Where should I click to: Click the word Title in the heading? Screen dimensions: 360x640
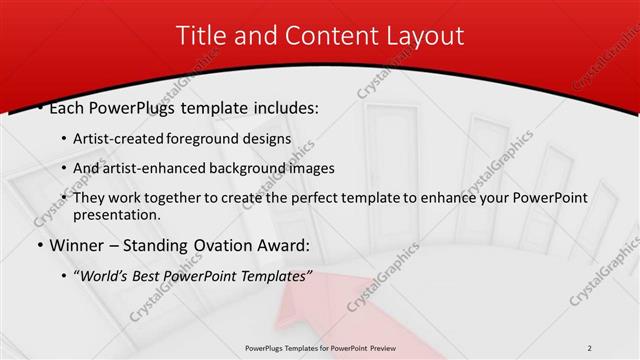coord(200,36)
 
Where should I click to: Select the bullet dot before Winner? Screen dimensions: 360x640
coord(39,245)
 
